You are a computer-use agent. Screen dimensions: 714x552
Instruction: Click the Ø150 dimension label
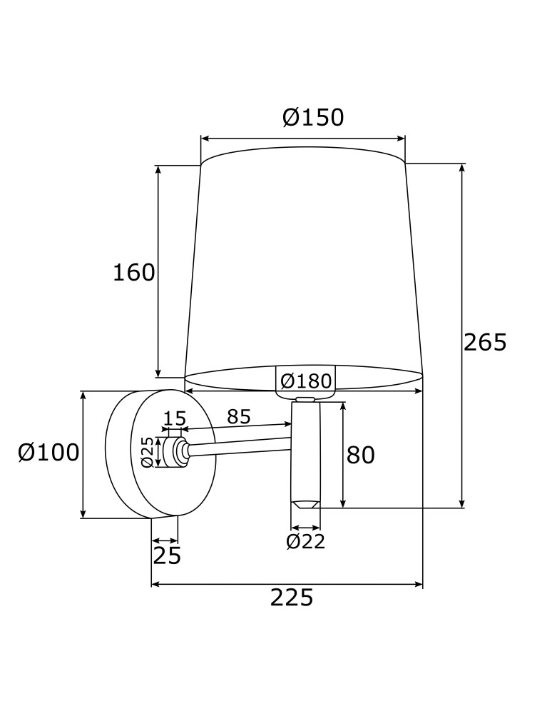313,117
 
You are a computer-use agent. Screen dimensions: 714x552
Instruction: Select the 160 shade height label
133,272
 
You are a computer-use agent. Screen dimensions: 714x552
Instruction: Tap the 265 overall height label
485,343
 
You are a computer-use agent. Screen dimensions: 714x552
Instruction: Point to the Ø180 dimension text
306,381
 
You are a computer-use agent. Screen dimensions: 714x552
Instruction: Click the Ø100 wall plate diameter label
48,452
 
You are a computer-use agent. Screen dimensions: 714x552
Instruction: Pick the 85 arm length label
239,416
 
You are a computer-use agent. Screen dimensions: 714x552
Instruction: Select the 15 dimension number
175,418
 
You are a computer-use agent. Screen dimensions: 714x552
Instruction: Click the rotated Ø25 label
148,452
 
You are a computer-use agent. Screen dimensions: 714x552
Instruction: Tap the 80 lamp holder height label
360,455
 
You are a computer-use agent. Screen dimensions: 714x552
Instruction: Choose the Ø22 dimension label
305,542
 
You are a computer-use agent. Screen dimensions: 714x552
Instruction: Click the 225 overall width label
291,598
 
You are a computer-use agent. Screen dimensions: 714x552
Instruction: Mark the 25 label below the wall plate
167,555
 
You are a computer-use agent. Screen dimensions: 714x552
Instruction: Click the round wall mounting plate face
175,486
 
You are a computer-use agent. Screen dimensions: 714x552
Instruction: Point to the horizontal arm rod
239,447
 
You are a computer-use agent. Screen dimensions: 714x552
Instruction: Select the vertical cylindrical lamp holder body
305,450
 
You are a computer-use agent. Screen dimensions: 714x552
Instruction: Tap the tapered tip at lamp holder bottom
305,504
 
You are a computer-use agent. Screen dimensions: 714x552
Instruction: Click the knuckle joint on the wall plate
175,452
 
